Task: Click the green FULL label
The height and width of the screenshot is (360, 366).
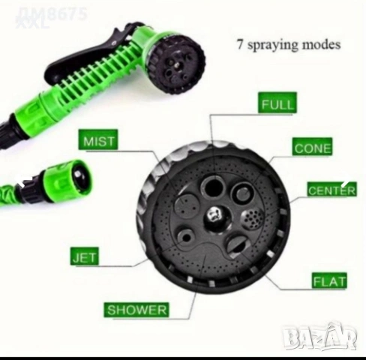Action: coord(277,103)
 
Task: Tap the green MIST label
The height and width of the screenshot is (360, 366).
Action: coord(98,140)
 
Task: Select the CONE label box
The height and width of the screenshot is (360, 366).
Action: coord(312,147)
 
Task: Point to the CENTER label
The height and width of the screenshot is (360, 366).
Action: coord(332,190)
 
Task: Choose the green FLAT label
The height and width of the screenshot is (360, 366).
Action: coord(329,280)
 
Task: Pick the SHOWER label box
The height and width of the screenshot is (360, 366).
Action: coord(136,310)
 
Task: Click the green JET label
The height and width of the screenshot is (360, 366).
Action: coord(85,256)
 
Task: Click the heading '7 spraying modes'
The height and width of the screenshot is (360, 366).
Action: coord(289,45)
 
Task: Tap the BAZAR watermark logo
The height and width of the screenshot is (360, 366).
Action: coord(321,336)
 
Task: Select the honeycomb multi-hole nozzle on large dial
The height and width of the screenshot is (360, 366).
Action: coord(253,219)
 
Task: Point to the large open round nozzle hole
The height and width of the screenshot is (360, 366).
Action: coord(213,187)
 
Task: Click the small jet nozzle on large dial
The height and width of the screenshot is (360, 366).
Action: coord(186,238)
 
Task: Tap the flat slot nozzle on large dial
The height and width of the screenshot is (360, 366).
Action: coord(237,245)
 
